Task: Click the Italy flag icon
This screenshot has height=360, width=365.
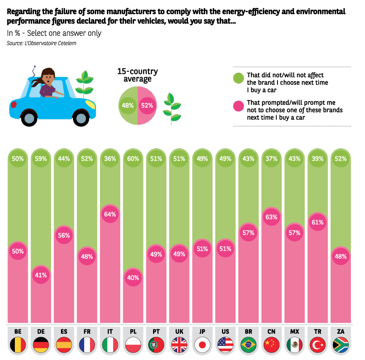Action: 110,345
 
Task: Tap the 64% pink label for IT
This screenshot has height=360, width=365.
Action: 110,214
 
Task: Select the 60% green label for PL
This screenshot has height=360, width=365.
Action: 133,159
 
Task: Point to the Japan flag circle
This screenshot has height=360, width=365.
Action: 202,345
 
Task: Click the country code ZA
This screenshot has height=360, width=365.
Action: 341,331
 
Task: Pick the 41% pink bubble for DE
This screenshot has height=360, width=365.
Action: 41,274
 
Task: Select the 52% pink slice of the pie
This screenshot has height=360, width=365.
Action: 147,105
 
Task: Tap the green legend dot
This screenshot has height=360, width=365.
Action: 238,78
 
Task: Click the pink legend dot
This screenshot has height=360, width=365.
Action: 238,106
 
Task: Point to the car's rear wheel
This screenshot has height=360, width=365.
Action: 29,118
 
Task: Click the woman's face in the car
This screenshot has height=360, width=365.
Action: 49,77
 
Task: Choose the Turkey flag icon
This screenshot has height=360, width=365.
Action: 318,345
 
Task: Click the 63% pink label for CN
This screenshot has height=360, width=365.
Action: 272,217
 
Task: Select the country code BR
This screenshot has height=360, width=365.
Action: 248,331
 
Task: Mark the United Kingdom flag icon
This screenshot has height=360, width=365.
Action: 179,345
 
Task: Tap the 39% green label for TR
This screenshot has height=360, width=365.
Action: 318,159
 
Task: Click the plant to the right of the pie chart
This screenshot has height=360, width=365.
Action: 172,109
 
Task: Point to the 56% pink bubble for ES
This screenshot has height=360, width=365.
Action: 64,235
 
